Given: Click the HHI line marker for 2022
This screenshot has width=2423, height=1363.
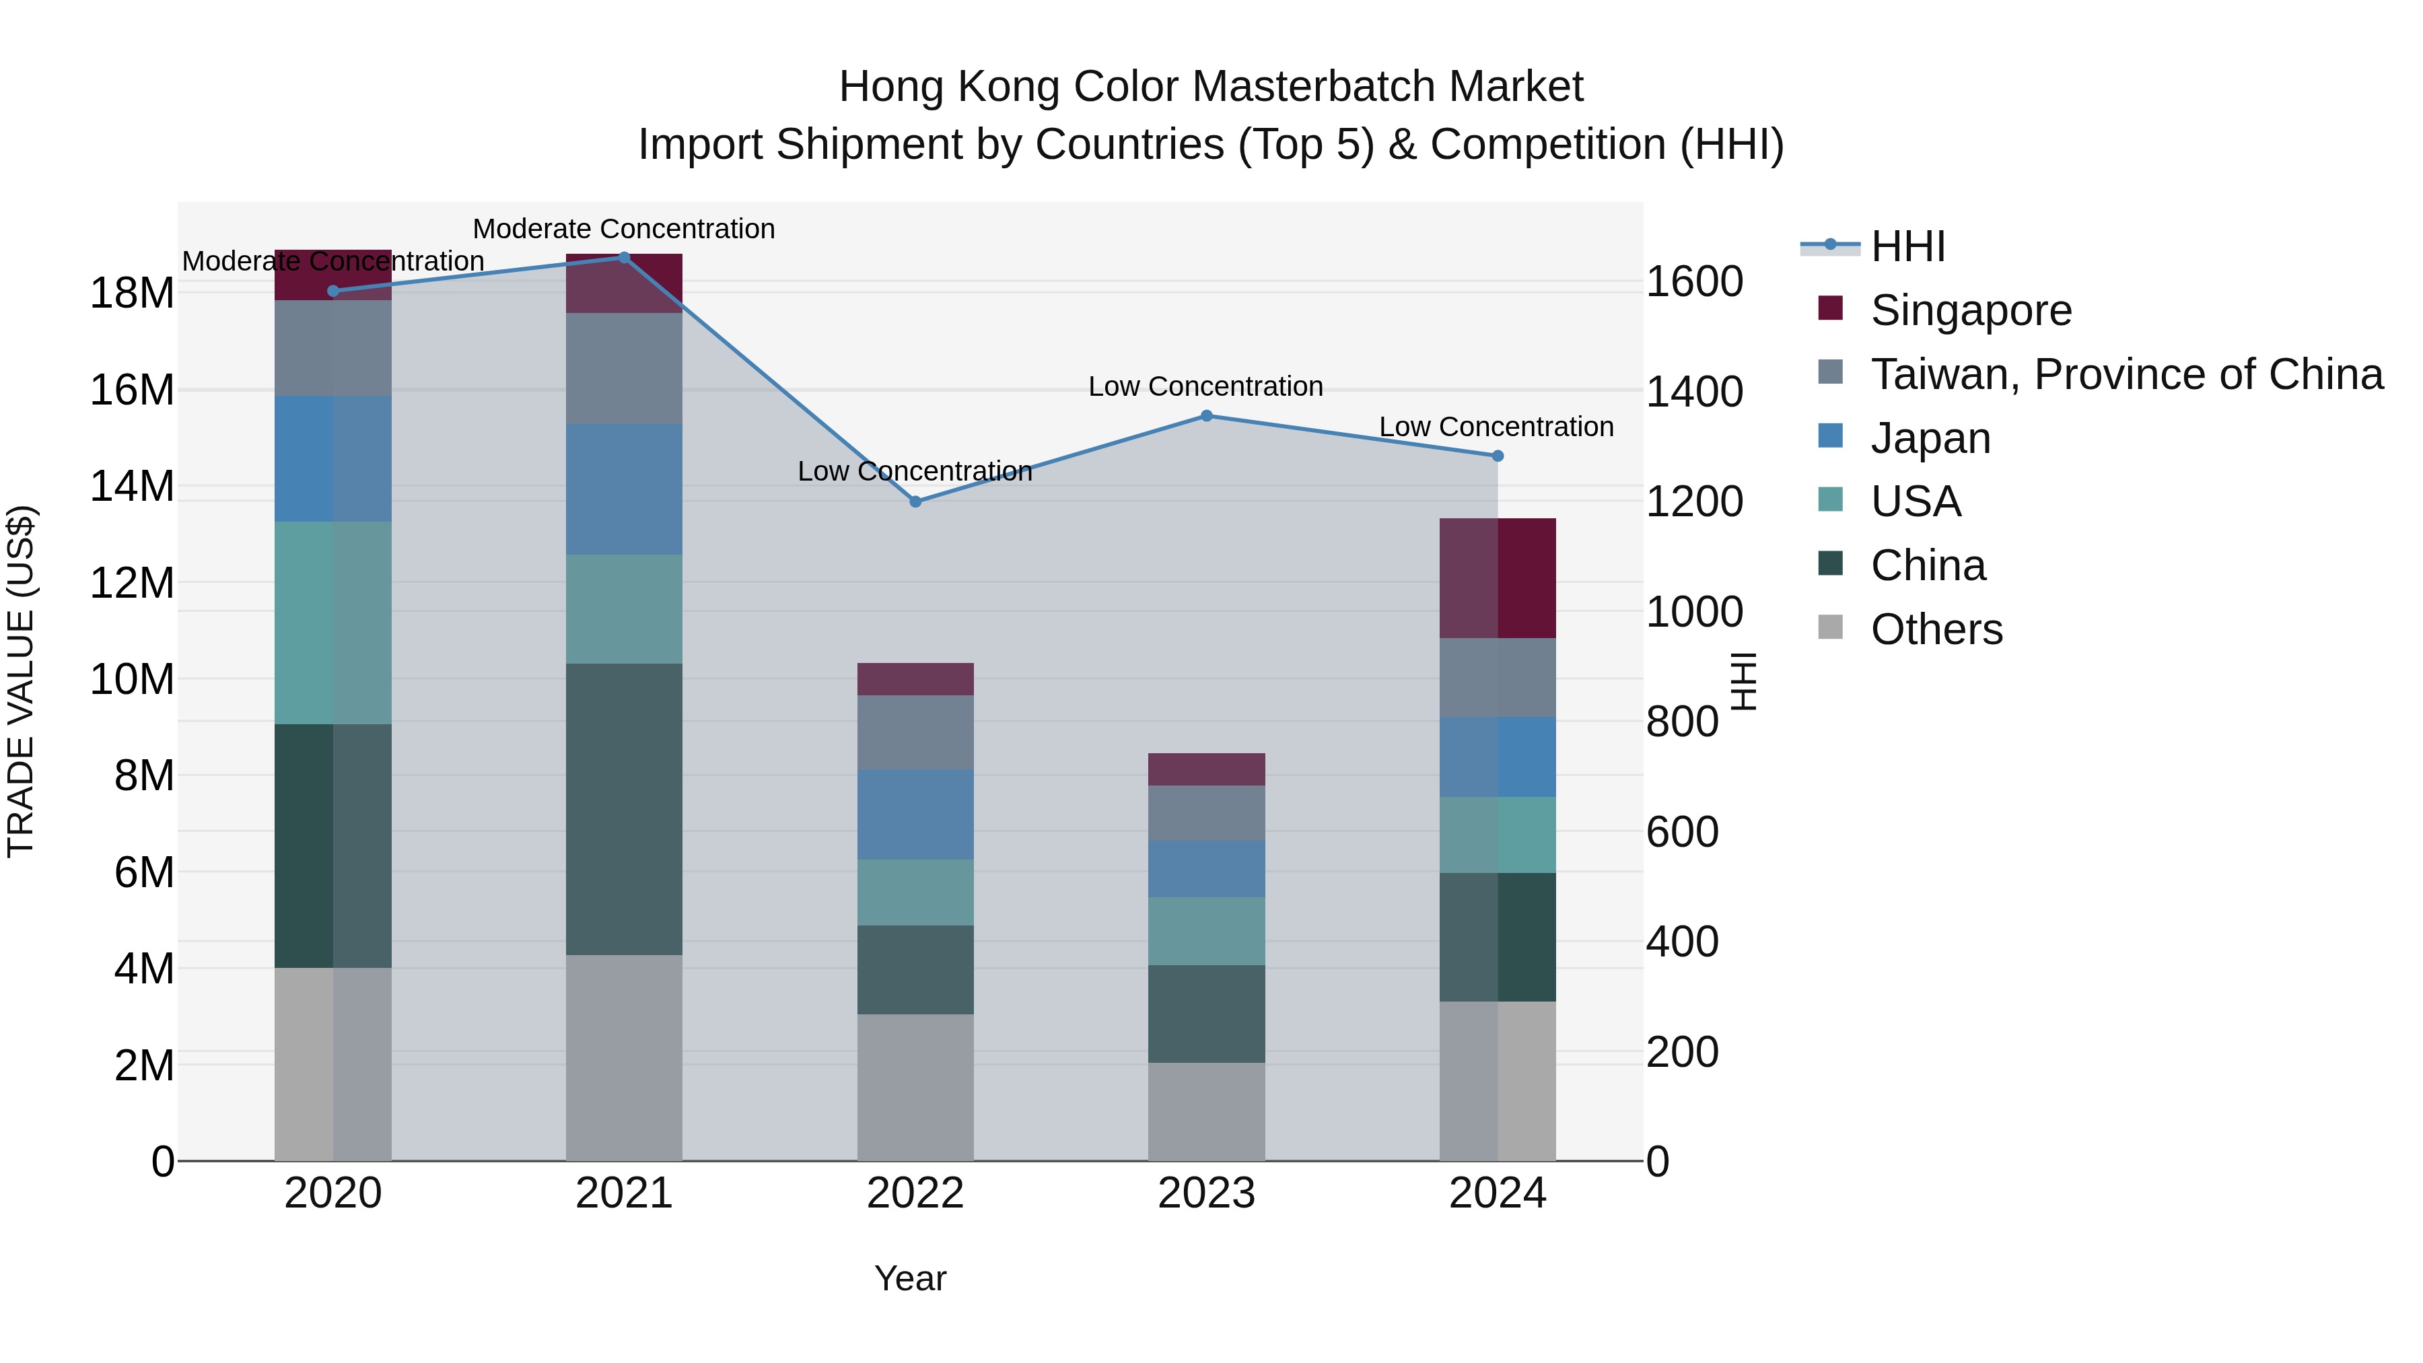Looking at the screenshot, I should point(915,501).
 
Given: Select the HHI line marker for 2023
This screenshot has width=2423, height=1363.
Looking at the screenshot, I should point(1207,416).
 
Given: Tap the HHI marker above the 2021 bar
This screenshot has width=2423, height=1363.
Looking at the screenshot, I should point(625,257).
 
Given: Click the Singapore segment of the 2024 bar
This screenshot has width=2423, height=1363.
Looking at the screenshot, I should point(1498,578).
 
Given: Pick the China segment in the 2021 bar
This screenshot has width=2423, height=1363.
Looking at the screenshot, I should point(624,809).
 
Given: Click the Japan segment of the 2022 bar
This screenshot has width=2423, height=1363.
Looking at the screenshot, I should point(915,814).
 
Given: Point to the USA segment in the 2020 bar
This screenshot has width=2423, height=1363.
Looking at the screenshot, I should point(333,622).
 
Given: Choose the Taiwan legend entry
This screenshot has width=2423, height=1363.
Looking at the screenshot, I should point(2126,374).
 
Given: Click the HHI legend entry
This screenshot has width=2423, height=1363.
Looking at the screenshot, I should point(1907,246).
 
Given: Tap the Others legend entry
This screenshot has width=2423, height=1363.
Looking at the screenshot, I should point(1936,629).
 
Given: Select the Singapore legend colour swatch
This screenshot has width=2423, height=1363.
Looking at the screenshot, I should point(1831,308).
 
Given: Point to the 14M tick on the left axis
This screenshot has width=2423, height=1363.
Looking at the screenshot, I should point(132,487).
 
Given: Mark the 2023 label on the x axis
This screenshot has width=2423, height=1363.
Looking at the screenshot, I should point(1206,1193).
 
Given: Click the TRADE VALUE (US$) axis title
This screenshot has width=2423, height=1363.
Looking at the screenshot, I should point(21,681).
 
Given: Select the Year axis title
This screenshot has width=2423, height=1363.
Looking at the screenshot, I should point(909,1278).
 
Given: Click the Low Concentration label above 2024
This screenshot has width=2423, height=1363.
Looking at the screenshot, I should point(1496,427).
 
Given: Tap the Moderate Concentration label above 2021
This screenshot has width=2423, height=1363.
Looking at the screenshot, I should point(624,229).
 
